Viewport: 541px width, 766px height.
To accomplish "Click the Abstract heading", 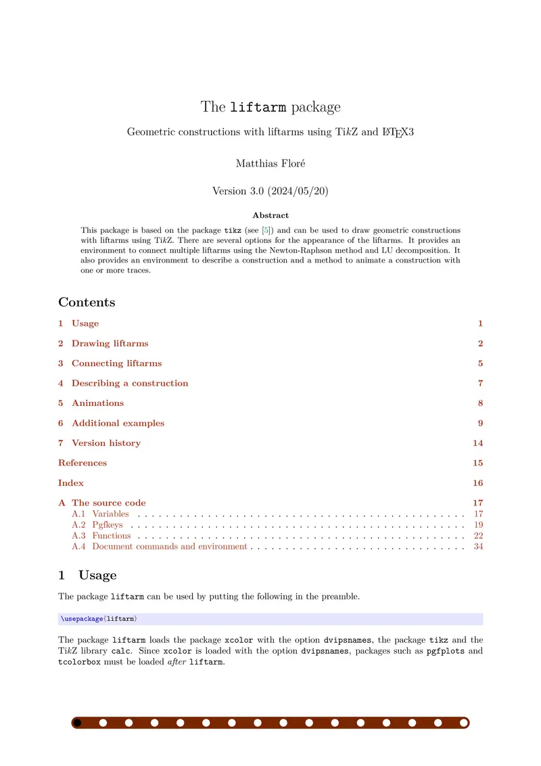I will point(270,215).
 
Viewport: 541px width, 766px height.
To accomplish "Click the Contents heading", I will point(87,302).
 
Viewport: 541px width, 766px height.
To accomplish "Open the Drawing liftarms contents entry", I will point(110,343).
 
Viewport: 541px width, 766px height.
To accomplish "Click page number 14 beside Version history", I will point(477,443).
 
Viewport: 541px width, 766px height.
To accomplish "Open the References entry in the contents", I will point(83,463).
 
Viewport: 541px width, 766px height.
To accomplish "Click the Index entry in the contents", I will point(71,483).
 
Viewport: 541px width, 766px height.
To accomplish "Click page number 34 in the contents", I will point(478,546).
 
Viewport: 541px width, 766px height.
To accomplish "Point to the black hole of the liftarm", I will point(77,723).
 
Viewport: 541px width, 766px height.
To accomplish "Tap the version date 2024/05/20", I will point(298,191).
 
